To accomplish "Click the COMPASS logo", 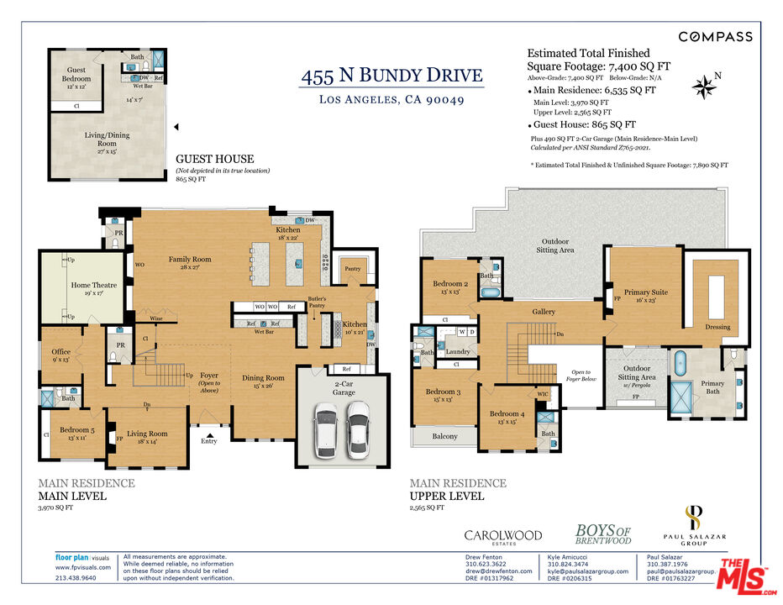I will click(x=715, y=36).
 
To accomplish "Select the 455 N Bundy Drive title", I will click(x=392, y=76).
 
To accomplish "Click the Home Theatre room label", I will click(x=93, y=290).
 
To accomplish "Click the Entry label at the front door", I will click(x=208, y=440).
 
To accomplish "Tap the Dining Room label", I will click(x=263, y=382).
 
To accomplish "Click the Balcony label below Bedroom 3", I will click(x=444, y=436).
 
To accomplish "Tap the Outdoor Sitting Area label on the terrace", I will click(x=554, y=245).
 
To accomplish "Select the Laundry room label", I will click(x=458, y=351).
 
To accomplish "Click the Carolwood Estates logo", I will click(x=503, y=537).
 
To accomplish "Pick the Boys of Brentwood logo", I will click(x=602, y=534).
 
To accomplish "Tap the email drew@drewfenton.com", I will click(x=499, y=571).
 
